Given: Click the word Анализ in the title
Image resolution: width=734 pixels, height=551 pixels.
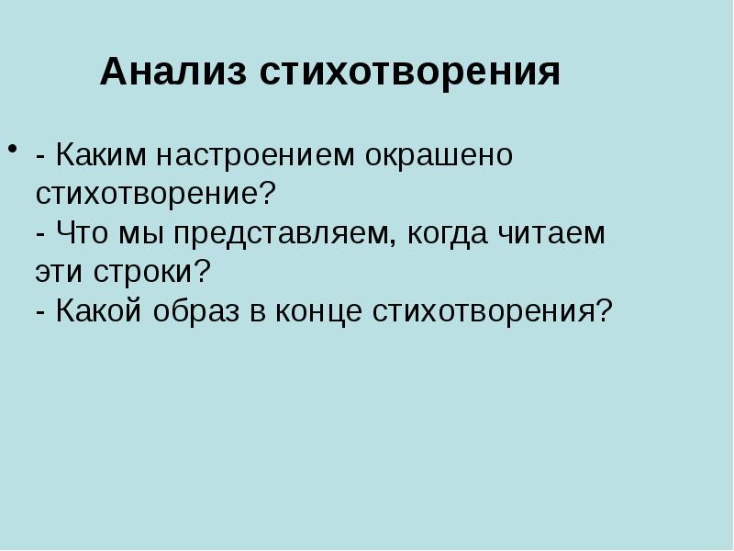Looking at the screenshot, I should tap(172, 71).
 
